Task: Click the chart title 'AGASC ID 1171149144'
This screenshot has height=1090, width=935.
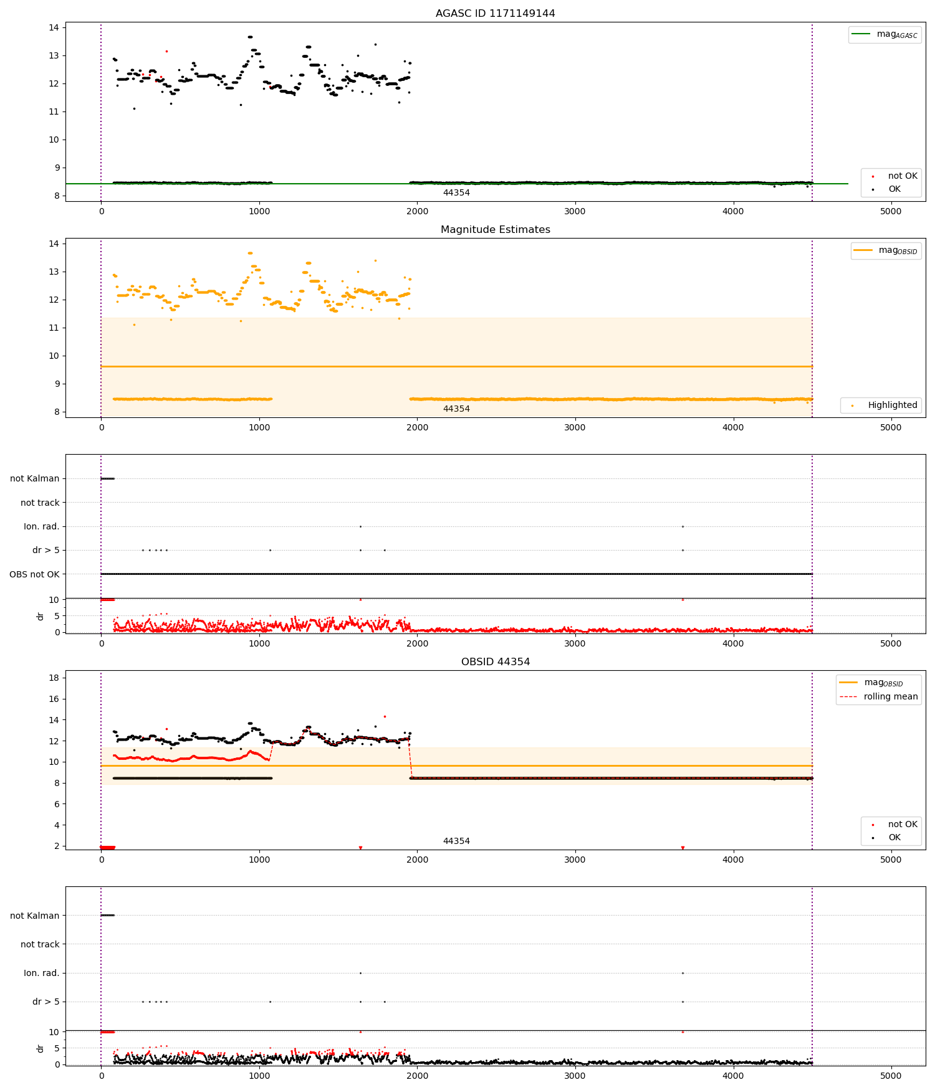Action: click(495, 13)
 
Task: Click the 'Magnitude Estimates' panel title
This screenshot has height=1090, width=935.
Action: click(495, 229)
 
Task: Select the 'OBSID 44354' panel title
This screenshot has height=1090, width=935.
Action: click(495, 661)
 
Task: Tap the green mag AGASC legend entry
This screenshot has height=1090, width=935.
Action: click(885, 34)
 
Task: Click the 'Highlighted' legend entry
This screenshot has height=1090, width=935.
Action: click(880, 405)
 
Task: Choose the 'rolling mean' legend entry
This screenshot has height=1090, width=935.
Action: click(878, 696)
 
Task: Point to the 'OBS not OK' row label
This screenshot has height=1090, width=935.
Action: click(34, 574)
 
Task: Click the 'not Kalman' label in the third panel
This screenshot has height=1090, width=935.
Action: click(34, 478)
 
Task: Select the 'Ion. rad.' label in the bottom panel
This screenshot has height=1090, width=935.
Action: click(41, 973)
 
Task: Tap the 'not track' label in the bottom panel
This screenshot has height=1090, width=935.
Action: click(40, 944)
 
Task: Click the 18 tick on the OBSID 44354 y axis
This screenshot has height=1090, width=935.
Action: click(54, 678)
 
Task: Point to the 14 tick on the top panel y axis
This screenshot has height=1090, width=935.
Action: click(54, 27)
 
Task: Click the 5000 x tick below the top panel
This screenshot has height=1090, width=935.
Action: click(891, 211)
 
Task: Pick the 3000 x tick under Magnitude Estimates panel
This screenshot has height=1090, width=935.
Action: click(575, 427)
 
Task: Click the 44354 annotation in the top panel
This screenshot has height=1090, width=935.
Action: click(456, 192)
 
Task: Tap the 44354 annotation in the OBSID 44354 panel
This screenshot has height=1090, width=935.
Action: click(456, 841)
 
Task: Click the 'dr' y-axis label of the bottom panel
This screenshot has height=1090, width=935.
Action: click(41, 1049)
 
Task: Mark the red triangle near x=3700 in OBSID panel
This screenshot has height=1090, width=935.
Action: click(683, 848)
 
